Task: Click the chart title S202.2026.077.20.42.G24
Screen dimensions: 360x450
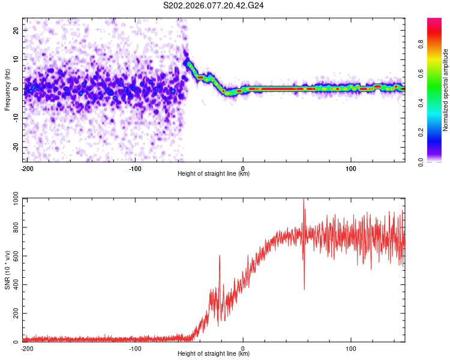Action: [x=214, y=6]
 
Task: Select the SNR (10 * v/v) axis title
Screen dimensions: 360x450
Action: [x=7, y=270]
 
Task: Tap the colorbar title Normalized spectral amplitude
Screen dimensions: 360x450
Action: [x=446, y=90]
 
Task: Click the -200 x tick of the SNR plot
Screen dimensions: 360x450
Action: [x=26, y=348]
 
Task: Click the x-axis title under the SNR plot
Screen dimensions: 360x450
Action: [x=214, y=354]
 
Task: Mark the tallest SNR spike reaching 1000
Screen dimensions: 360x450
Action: [x=304, y=200]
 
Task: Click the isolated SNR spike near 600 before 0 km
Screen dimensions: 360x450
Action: [x=220, y=256]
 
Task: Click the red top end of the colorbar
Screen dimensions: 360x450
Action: [x=434, y=21]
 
